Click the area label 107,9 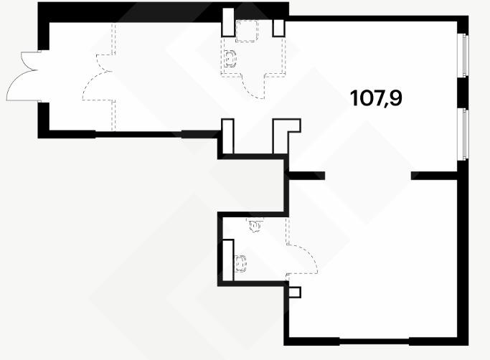(376, 98)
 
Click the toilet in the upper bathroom (230, 58)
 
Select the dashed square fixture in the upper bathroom (246, 31)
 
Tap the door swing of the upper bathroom (253, 87)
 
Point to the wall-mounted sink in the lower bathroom (255, 225)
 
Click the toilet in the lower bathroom (240, 264)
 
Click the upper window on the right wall (463, 55)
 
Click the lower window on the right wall (463, 134)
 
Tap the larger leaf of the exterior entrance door (22, 85)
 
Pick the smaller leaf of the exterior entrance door (30, 61)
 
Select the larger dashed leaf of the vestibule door (98, 85)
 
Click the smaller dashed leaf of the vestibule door (105, 63)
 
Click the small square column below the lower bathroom (294, 292)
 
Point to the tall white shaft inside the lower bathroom (228, 260)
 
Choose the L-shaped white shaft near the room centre (286, 136)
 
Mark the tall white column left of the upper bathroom (228, 22)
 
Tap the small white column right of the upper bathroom (278, 28)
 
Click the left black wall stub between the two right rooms (306, 176)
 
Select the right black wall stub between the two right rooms (434, 176)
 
